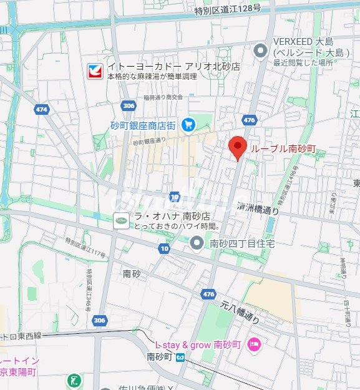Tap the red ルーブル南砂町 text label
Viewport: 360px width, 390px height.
coord(283,149)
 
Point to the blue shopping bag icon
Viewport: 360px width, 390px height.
coord(188,125)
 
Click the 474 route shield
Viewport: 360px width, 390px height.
coord(41,109)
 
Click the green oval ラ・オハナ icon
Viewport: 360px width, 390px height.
coord(120,220)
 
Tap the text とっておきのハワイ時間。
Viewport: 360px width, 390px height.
coord(170,225)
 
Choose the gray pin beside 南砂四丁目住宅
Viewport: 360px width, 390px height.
coord(197,243)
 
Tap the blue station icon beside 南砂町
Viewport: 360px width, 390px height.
coord(180,358)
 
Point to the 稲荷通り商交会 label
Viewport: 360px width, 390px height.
coord(163,97)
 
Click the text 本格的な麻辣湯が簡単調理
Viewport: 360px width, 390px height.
coord(152,76)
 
